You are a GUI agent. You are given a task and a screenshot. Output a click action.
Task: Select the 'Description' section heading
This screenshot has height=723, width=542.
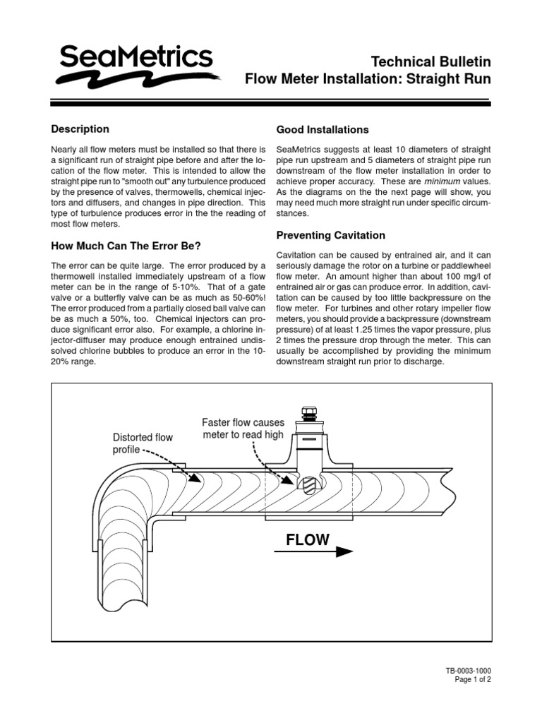80,129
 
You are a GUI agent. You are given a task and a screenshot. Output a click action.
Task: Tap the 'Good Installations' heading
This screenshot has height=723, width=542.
322,130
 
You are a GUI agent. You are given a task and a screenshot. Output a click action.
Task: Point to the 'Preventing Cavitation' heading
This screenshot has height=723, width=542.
330,235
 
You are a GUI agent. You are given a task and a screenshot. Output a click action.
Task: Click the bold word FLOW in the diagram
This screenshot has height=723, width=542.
307,540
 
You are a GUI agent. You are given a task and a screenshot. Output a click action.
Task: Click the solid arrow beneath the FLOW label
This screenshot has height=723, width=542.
311,551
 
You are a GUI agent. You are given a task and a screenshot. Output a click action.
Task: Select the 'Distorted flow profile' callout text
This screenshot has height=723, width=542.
143,443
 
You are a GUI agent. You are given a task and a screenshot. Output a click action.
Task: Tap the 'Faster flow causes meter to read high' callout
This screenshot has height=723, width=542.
243,429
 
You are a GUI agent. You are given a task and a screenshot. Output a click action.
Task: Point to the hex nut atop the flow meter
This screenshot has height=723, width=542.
309,412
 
